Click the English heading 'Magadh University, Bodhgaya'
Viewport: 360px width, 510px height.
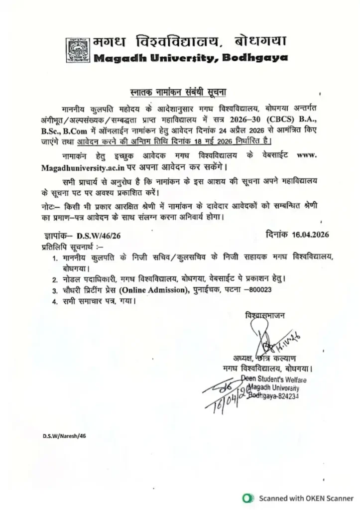190,58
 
